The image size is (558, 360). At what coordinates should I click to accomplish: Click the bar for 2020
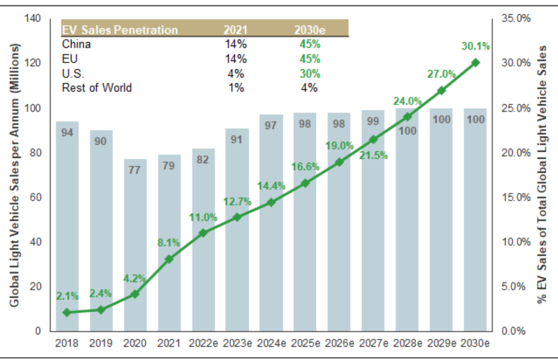(135, 244)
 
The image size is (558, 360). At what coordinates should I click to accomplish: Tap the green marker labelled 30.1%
(476, 62)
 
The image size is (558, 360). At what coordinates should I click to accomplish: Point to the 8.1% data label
(169, 242)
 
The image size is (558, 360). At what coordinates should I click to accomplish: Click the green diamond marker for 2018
(67, 312)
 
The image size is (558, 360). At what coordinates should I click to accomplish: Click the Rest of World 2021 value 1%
(235, 88)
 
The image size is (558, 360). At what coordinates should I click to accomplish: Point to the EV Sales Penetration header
(119, 29)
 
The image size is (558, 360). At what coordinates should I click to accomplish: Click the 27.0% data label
(442, 73)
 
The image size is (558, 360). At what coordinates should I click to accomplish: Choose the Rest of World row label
(96, 88)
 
